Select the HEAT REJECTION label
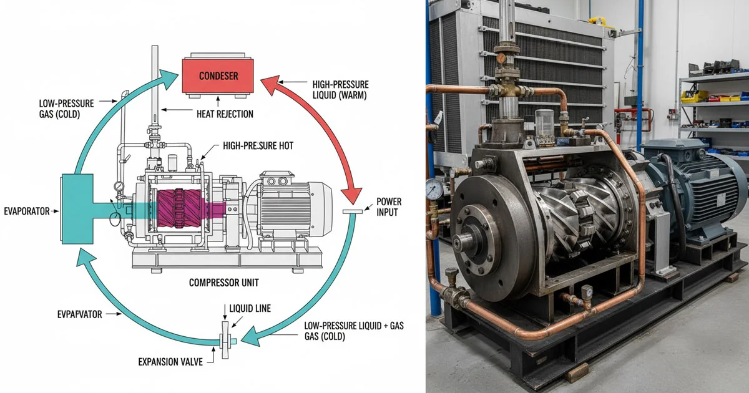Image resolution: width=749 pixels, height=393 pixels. (x=225, y=114)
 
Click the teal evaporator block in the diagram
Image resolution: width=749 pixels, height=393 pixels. (x=77, y=211)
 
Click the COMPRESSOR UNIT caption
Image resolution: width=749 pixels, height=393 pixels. (x=223, y=283)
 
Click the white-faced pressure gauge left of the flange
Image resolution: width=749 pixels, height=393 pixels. (x=433, y=188)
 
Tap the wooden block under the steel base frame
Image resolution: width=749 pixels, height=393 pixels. (x=578, y=373)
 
